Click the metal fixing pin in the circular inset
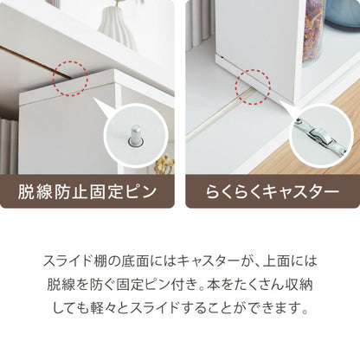click(135, 136)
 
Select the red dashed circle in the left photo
click(70, 78)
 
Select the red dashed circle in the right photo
click(253, 87)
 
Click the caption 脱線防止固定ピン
click(87, 191)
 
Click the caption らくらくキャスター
click(273, 191)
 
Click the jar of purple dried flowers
click(313, 31)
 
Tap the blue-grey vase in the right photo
click(343, 14)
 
